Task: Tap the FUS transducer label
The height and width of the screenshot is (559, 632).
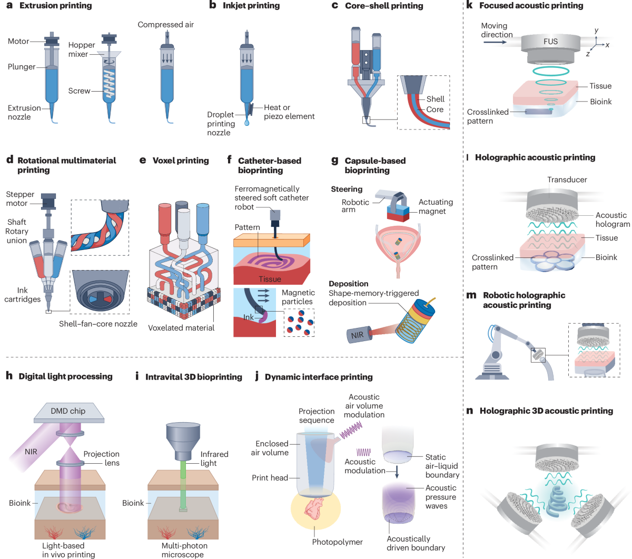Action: pyautogui.click(x=550, y=42)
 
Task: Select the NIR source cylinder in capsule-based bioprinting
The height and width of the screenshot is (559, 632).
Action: pyautogui.click(x=359, y=335)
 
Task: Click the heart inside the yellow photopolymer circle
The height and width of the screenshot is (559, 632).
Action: pyautogui.click(x=315, y=508)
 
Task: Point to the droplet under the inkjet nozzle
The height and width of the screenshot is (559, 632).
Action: pyautogui.click(x=247, y=123)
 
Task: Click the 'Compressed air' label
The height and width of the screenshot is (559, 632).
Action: pyautogui.click(x=166, y=25)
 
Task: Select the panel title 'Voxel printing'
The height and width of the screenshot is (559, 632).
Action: pyautogui.click(x=181, y=161)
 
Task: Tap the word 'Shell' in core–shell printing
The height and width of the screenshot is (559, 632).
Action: pyautogui.click(x=435, y=99)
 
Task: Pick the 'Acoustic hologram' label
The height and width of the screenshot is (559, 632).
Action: pyautogui.click(x=613, y=219)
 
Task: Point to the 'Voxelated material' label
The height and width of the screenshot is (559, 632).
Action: pyautogui.click(x=181, y=328)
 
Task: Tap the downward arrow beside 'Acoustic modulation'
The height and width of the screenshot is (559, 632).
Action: pyautogui.click(x=397, y=472)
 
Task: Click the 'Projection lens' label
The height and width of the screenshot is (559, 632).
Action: pyautogui.click(x=101, y=458)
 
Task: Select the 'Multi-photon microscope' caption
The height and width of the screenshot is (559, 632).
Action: pyautogui.click(x=184, y=550)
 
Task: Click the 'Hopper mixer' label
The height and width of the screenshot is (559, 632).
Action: pyautogui.click(x=82, y=49)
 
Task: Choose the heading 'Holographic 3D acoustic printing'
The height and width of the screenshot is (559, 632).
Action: pyautogui.click(x=546, y=411)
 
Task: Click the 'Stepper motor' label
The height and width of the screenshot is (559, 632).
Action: pyautogui.click(x=20, y=198)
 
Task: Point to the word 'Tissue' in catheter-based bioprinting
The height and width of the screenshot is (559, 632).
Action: pyautogui.click(x=270, y=279)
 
